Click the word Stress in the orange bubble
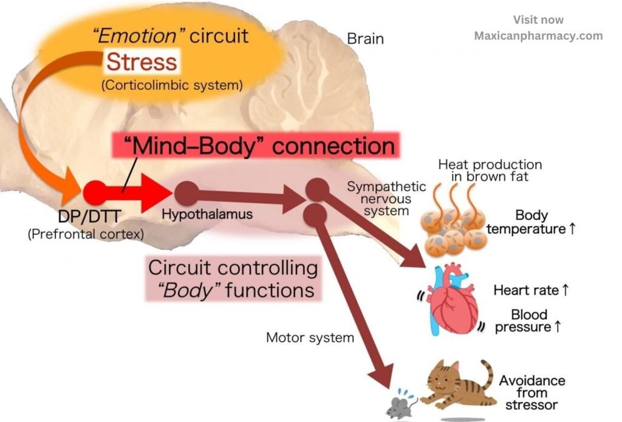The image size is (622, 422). tap(142, 62)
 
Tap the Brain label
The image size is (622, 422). tap(365, 39)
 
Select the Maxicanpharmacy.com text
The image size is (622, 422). tap(538, 35)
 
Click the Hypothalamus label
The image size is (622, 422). tap(207, 214)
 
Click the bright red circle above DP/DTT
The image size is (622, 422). tap(95, 192)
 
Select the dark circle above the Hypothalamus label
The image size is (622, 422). tap(186, 192)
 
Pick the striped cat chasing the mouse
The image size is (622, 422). tap(456, 386)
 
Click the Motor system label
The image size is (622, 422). tap(310, 337)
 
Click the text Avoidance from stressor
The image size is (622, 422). tap(532, 392)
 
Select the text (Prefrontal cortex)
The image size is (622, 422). tap(85, 234)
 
